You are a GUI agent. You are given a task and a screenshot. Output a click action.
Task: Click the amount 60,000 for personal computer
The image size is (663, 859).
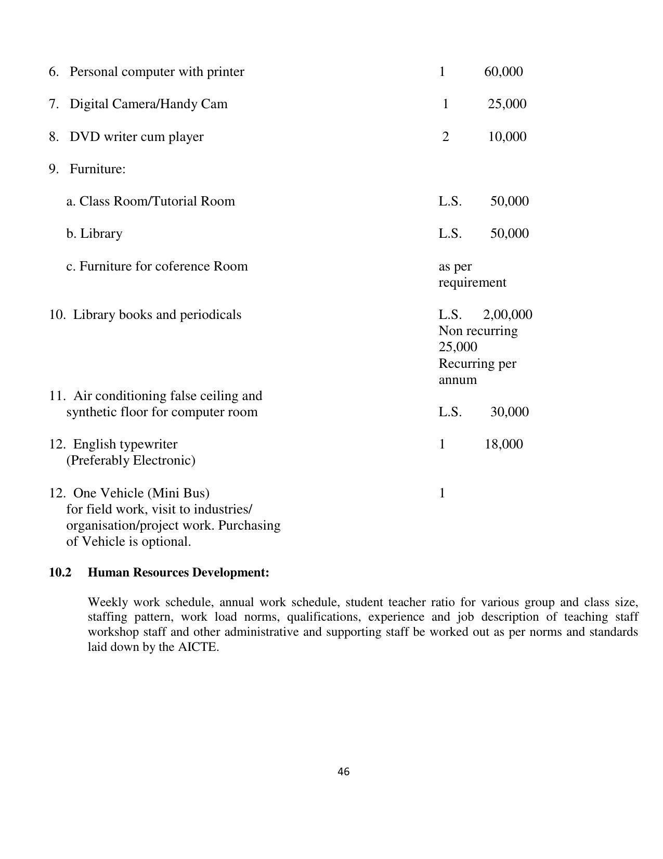(x=503, y=72)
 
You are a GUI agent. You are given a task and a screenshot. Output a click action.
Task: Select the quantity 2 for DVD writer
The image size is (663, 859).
(x=445, y=137)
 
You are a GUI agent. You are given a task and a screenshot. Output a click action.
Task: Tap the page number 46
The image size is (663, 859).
(x=343, y=772)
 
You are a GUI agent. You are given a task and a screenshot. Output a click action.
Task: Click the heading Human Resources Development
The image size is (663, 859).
(x=178, y=572)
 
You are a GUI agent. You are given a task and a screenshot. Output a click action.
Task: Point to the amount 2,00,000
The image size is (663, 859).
(x=507, y=315)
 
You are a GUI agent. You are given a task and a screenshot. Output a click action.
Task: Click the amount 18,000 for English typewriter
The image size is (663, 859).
(x=503, y=444)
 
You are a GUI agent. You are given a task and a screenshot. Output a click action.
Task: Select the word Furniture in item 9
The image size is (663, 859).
(x=97, y=169)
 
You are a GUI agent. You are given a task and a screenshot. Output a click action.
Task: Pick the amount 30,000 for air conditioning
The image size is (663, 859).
(x=509, y=412)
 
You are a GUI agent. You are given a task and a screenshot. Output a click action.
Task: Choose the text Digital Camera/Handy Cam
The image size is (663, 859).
(x=148, y=104)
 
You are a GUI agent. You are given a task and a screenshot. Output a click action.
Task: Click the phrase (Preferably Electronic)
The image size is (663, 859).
(x=131, y=460)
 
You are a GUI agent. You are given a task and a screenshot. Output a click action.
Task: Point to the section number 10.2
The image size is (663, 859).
(x=60, y=572)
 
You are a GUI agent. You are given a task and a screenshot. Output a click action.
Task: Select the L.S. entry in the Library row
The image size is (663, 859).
(x=450, y=234)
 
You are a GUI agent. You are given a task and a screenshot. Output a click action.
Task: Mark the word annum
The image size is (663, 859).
(x=457, y=380)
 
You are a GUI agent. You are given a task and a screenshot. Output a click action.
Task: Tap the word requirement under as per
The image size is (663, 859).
(x=472, y=283)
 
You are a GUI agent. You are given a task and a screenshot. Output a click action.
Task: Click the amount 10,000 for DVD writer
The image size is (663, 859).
(x=506, y=137)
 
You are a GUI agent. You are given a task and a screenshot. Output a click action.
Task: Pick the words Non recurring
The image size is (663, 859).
(x=478, y=331)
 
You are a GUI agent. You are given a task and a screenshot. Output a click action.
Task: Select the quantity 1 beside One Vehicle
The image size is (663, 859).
(x=442, y=493)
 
